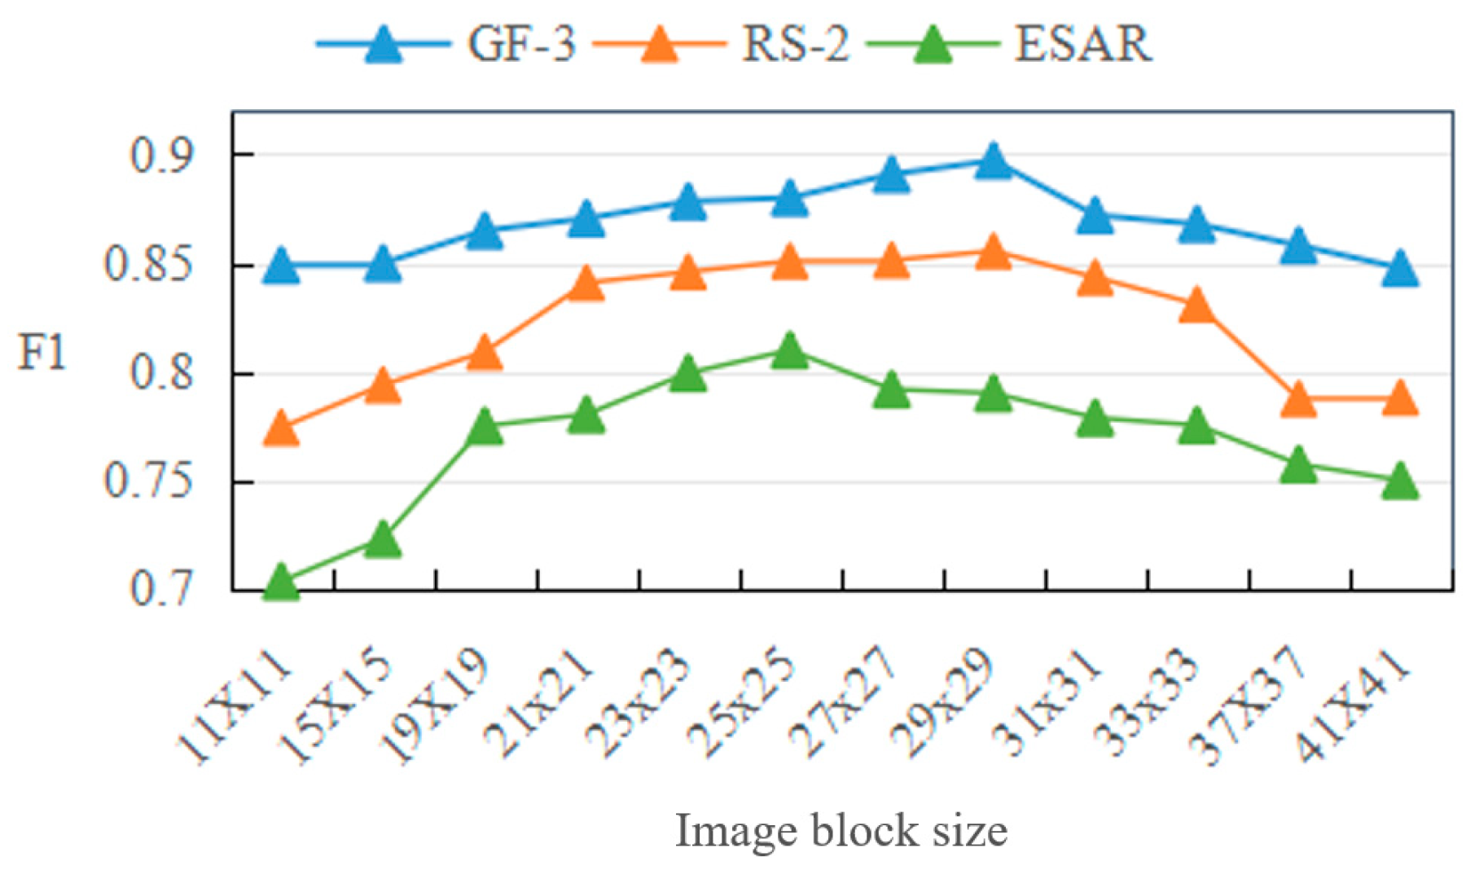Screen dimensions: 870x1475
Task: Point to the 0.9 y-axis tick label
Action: (x=162, y=155)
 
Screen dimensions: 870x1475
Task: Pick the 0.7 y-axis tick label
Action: (x=162, y=588)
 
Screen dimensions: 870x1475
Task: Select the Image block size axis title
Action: (x=841, y=831)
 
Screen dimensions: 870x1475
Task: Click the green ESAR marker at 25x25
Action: (x=789, y=351)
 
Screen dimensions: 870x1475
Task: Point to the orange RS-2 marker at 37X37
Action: (x=1298, y=399)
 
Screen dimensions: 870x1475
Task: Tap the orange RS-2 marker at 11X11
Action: (x=282, y=429)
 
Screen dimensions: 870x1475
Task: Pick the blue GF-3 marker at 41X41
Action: (x=1400, y=269)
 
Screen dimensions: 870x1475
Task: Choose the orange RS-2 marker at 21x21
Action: (x=586, y=283)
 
